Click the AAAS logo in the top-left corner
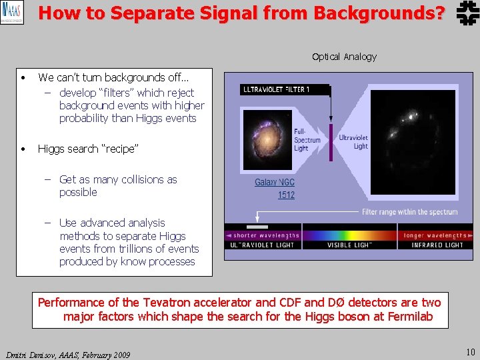pyautogui.click(x=12, y=13)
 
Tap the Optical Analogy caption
pyautogui.click(x=344, y=57)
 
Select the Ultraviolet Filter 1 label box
pyautogui.click(x=285, y=89)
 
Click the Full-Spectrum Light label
pyautogui.click(x=307, y=140)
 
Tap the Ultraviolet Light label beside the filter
pyautogui.click(x=353, y=142)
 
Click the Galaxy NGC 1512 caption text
pyautogui.click(x=275, y=188)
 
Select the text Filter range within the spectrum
pyautogui.click(x=409, y=212)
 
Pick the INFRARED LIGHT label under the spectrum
pyautogui.click(x=437, y=245)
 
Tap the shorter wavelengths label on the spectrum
pyautogui.click(x=266, y=235)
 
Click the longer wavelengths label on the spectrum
pyautogui.click(x=437, y=235)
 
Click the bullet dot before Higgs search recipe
pyautogui.click(x=23, y=149)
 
